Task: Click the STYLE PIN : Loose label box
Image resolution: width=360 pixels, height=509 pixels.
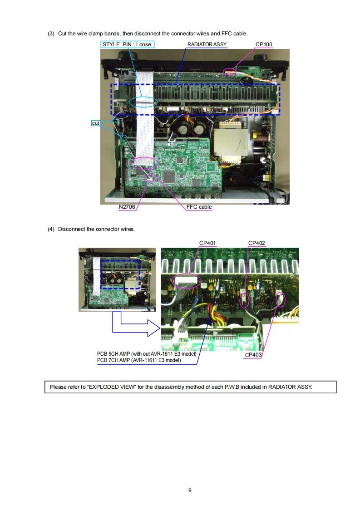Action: (x=127, y=44)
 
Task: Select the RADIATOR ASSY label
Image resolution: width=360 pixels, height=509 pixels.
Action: (x=207, y=44)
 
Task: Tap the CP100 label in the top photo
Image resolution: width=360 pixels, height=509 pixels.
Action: (x=264, y=44)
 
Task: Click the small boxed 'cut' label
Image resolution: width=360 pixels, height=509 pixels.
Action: (x=95, y=123)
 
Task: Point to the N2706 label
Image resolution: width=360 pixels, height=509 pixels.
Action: (x=127, y=207)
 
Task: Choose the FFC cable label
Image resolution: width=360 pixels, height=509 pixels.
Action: (x=199, y=207)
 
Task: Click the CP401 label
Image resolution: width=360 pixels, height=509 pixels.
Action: (x=207, y=243)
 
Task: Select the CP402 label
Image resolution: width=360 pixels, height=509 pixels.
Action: (x=256, y=243)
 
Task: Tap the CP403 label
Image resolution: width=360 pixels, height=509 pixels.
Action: (x=253, y=355)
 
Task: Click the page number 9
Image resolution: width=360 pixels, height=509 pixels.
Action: (x=190, y=490)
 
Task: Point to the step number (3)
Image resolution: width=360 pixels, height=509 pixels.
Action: (x=51, y=34)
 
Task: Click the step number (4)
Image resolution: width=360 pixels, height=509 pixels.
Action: (x=51, y=229)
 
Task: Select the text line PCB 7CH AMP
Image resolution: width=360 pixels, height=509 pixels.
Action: (x=139, y=360)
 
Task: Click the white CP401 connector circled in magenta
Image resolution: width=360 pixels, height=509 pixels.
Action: (x=186, y=280)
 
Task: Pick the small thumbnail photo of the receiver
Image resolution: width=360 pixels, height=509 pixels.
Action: (x=117, y=279)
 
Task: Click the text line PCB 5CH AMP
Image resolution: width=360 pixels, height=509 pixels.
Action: (x=147, y=354)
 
